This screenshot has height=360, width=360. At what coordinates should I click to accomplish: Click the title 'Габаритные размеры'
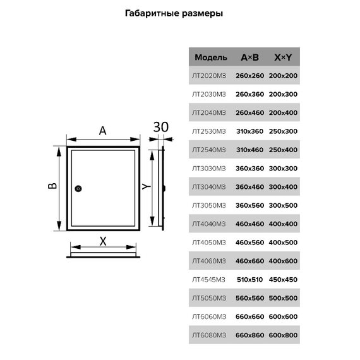(x=174, y=13)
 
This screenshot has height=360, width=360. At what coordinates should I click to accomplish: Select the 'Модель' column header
(x=211, y=57)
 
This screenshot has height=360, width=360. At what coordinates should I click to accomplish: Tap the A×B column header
(x=250, y=57)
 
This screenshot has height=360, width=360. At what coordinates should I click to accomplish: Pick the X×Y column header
(x=283, y=57)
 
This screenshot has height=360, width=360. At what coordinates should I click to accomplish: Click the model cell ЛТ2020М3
(x=209, y=76)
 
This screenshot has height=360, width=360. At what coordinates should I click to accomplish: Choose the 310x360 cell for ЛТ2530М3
(x=250, y=131)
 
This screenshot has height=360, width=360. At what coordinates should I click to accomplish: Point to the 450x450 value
(x=283, y=280)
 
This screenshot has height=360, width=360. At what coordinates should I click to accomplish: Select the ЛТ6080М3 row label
(x=209, y=335)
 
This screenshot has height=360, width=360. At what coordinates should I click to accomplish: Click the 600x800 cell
(x=283, y=335)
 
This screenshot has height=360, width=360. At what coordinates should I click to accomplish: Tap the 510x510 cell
(x=250, y=280)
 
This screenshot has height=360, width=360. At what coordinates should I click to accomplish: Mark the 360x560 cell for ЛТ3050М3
(x=250, y=205)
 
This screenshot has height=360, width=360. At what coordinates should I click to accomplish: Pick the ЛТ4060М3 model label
(x=209, y=261)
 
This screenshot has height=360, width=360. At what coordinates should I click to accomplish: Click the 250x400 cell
(x=283, y=150)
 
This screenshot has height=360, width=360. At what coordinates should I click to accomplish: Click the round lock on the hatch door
(x=78, y=188)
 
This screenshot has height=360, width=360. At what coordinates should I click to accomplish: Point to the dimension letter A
(x=102, y=131)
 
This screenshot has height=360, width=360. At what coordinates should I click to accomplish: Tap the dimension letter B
(x=52, y=186)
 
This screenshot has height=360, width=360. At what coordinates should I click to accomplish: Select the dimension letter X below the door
(x=103, y=241)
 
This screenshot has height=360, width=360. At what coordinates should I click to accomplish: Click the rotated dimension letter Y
(x=146, y=186)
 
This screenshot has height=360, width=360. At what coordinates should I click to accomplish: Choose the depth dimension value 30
(x=161, y=127)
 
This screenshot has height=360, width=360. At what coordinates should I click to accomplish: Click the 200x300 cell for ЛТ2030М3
(x=283, y=94)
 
